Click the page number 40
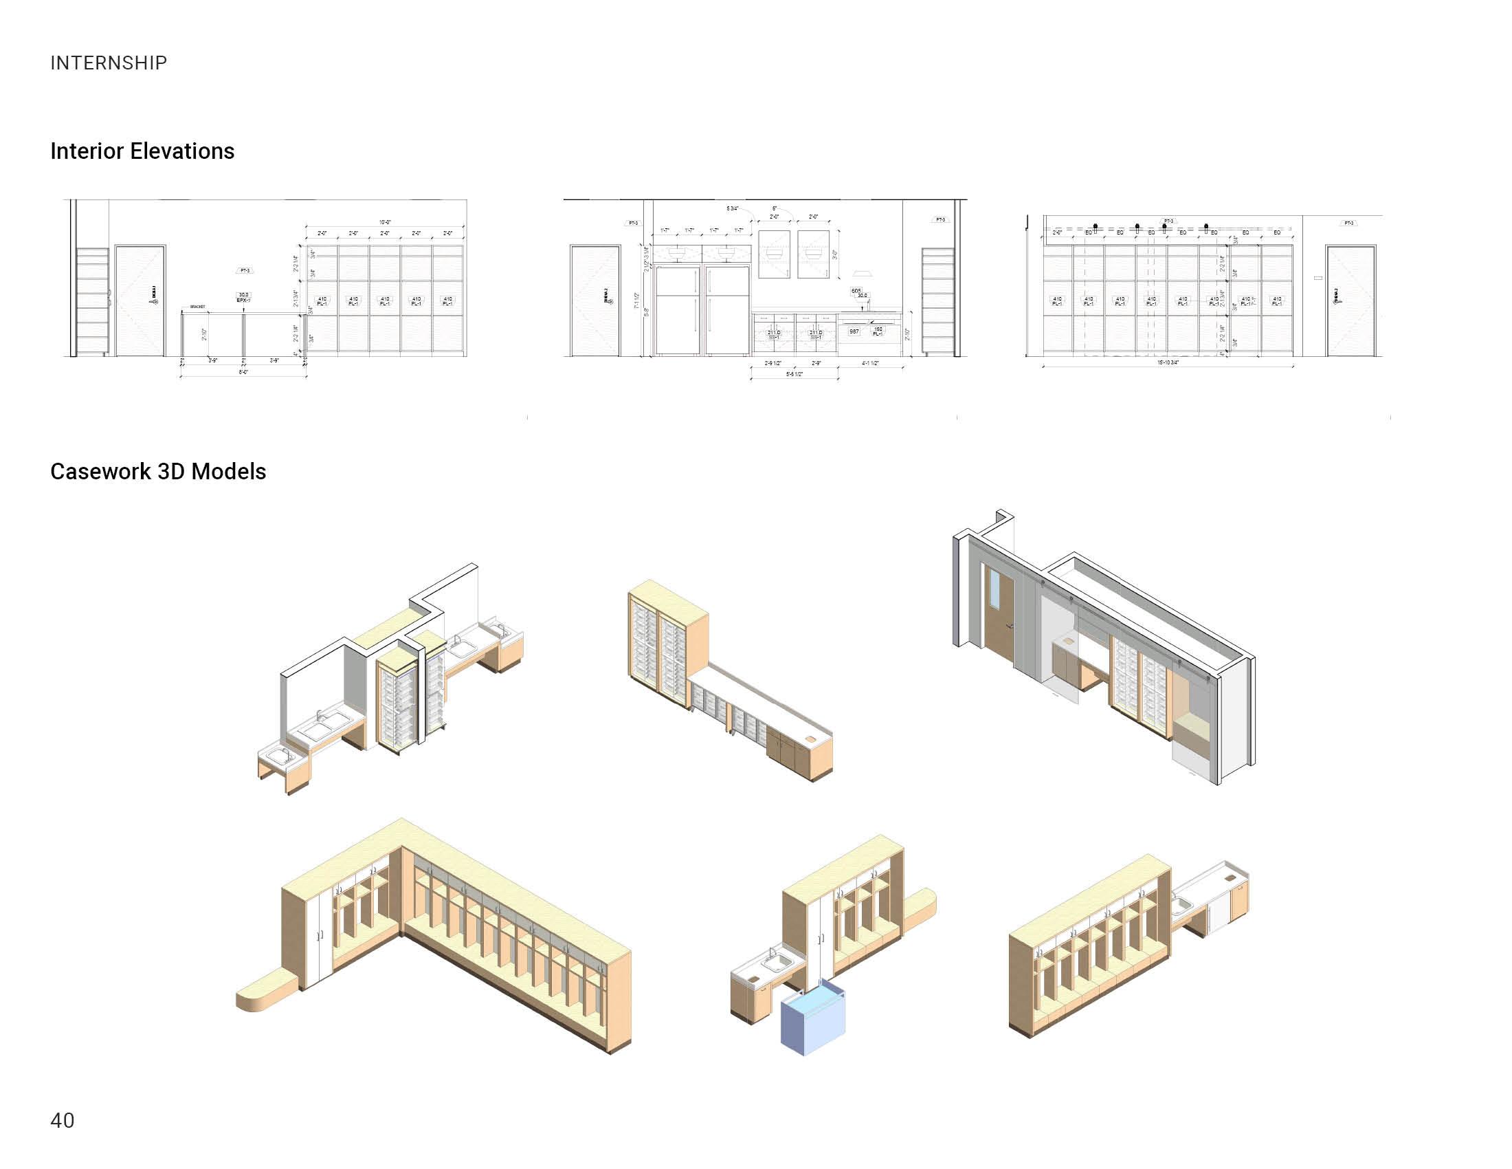(63, 1119)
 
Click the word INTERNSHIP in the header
(109, 63)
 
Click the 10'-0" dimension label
(385, 222)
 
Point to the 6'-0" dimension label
(244, 372)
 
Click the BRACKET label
(197, 307)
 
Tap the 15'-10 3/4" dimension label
(1167, 362)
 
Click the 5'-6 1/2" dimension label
(794, 374)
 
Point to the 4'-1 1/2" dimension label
(870, 363)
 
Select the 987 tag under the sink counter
(854, 331)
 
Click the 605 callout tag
(856, 291)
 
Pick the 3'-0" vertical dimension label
(836, 254)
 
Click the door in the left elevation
(140, 301)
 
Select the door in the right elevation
(1350, 301)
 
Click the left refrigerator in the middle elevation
(678, 310)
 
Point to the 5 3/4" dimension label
(732, 208)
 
